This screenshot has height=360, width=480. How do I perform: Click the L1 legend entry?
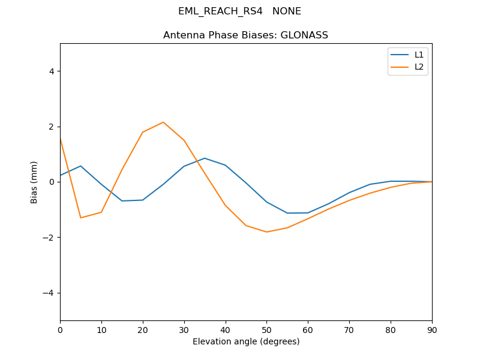point(419,55)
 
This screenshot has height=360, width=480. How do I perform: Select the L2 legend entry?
point(419,67)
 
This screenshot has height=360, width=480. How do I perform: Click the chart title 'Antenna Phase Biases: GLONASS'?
point(245,35)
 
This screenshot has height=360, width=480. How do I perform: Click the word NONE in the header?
point(287,11)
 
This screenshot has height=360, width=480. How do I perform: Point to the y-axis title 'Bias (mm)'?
point(34,182)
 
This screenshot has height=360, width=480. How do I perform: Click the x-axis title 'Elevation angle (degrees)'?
point(246,341)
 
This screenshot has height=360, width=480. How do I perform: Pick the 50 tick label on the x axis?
point(266,329)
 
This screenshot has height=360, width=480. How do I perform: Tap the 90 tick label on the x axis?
point(432,329)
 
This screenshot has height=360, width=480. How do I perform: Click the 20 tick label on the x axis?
point(143,329)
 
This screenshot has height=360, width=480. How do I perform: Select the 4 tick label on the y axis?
point(52,71)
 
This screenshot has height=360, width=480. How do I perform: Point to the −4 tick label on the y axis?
point(49,293)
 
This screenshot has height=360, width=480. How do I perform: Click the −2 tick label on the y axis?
point(49,238)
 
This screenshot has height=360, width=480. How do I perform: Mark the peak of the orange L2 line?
point(163,122)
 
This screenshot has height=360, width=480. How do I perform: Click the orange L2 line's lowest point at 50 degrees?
point(266,232)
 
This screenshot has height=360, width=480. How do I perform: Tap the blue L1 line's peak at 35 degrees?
point(205,158)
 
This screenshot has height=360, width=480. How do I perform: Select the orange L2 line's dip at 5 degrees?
point(80,218)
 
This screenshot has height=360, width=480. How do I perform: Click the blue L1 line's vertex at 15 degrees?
point(122,201)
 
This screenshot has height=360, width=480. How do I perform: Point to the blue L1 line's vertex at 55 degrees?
point(287,213)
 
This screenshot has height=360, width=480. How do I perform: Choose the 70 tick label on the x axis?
point(349,329)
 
